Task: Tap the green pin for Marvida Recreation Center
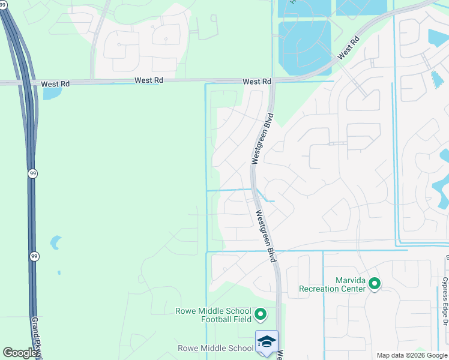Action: click(x=375, y=283)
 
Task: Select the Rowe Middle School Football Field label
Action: click(x=213, y=315)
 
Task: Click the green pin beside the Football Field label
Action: click(x=261, y=314)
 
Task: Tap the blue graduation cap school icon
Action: click(x=266, y=342)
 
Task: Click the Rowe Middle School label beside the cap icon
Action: click(x=215, y=348)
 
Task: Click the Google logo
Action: click(x=20, y=353)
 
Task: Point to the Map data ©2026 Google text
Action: click(x=412, y=355)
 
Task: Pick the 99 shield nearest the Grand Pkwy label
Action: click(x=33, y=256)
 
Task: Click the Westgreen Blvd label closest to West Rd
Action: click(x=262, y=139)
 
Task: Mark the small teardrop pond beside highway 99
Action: click(x=55, y=242)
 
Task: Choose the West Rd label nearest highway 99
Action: click(x=55, y=84)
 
